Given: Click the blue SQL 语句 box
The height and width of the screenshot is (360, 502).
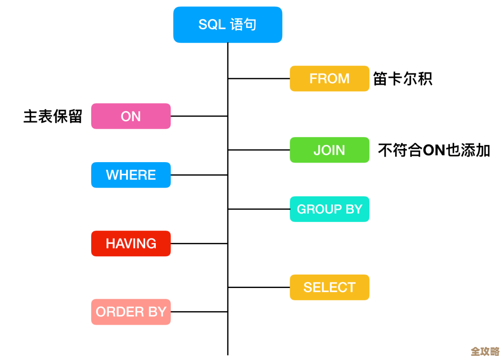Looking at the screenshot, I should pos(227,25).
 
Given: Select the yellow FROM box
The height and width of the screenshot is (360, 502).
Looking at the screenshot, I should pos(329,79).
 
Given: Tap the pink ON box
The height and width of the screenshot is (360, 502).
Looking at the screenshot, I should pos(131,116).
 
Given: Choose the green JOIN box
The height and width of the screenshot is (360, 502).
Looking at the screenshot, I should pos(329,150).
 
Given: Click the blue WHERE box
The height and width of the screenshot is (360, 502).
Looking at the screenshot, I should pos(131,175).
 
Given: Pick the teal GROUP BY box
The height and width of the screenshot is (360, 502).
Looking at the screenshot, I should pos(329,209).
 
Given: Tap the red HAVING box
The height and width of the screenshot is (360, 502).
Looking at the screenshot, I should pos(131,243).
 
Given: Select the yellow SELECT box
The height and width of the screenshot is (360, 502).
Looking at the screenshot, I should pos(329,288).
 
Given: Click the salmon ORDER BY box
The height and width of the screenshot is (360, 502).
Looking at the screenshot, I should pos(131,312).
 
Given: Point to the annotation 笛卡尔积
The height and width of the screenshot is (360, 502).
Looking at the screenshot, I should pos(403,79).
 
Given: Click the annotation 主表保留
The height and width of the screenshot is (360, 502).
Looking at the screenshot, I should pos(53,116).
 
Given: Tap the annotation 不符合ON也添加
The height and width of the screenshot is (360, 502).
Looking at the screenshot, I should pos(434,150).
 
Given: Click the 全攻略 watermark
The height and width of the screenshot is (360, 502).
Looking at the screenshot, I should pos(485,351).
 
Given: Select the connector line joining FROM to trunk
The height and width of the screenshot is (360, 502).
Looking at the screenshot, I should pos(258,79).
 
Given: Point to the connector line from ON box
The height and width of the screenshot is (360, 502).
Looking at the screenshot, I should pos(199,116).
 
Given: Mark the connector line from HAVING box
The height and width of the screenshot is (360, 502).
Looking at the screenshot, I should pos(199,243).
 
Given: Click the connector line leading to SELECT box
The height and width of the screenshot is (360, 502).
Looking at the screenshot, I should pos(258,288).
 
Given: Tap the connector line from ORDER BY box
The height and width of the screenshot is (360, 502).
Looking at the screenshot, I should pos(199,312).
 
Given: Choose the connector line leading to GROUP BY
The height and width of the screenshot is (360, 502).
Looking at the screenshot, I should pos(258,209).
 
